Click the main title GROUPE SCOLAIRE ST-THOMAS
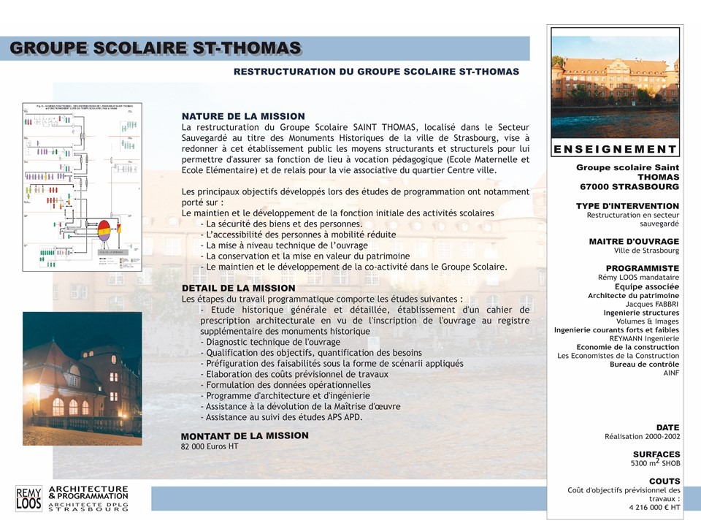click(156, 48)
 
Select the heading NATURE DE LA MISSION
click(243, 116)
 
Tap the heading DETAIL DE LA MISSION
click(238, 288)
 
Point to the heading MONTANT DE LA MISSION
click(245, 435)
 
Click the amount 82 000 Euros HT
click(210, 446)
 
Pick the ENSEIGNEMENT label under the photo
click(616, 149)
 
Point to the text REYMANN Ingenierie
click(644, 338)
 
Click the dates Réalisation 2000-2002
click(642, 436)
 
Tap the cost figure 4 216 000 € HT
click(654, 507)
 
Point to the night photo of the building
click(82, 378)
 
